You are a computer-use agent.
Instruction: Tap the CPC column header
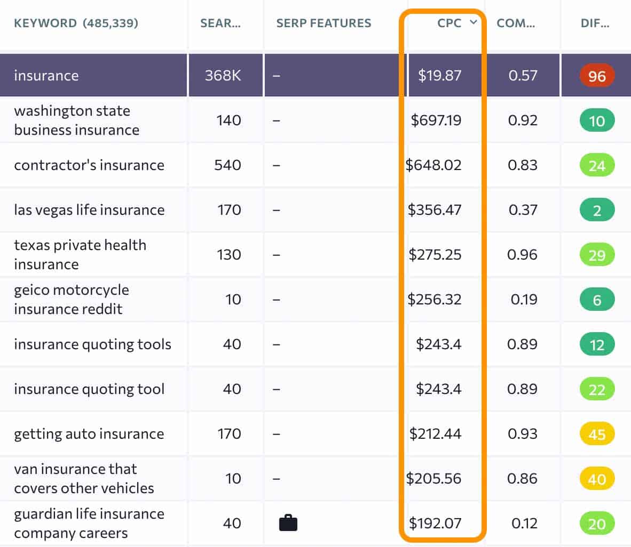449,23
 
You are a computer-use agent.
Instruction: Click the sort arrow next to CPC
472,22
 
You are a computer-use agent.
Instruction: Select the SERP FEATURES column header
324,23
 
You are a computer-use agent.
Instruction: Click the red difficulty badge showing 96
596,76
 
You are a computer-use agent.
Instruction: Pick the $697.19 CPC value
436,120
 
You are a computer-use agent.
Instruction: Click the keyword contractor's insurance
89,165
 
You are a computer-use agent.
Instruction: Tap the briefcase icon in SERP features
288,523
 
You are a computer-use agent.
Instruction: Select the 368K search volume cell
223,76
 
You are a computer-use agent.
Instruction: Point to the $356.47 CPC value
435,210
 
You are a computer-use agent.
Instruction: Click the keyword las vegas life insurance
89,210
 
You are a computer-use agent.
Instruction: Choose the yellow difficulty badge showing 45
596,434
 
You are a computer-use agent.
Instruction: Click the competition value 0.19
523,300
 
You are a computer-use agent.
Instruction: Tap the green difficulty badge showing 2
596,210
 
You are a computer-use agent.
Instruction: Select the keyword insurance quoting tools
92,344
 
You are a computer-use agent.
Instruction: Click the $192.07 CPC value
435,524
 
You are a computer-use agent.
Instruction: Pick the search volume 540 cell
227,165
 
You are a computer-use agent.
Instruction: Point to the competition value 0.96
522,255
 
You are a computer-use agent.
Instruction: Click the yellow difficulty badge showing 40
596,479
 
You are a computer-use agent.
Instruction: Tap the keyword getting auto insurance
89,434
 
